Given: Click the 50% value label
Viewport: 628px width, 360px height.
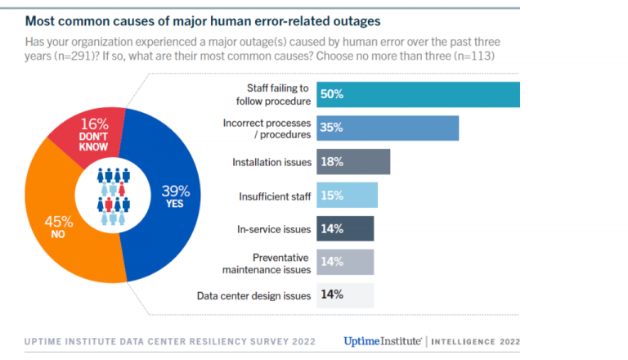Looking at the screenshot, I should (x=332, y=94).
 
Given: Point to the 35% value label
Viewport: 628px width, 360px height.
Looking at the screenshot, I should (x=332, y=128).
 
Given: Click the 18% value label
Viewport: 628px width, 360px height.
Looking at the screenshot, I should (x=331, y=162).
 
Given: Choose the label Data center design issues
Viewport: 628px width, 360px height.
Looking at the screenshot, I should (x=254, y=295).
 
